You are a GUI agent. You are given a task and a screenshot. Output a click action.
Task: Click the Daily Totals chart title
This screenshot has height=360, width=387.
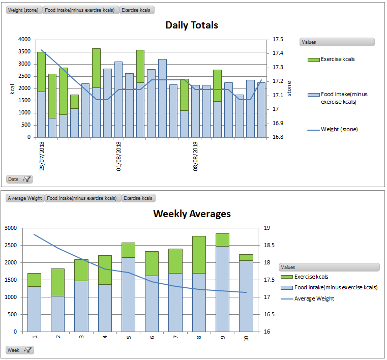[x=192, y=25]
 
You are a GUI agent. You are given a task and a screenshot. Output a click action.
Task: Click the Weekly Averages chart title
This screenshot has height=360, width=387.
[x=192, y=214]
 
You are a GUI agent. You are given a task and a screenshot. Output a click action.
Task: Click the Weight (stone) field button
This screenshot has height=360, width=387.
[x=24, y=10]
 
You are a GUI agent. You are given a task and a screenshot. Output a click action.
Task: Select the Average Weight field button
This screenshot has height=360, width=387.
[x=25, y=198]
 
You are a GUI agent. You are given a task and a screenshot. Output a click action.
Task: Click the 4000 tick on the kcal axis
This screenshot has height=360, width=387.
[x=24, y=39]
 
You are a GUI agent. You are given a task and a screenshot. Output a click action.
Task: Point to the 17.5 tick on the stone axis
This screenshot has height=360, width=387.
[x=278, y=39]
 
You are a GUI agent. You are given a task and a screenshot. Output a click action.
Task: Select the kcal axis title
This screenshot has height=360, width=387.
[x=13, y=89]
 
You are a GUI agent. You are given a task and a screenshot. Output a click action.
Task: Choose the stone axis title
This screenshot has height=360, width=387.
[x=289, y=89]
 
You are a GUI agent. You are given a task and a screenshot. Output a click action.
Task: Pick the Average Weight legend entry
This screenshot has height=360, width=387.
[x=314, y=298]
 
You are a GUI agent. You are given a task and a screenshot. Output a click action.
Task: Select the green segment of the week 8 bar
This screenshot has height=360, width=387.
[x=199, y=254]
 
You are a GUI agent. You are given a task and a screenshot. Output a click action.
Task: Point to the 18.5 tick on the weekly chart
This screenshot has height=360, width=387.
[x=267, y=245]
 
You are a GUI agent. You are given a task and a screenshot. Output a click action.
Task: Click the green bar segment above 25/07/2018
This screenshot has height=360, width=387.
[x=41, y=72]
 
